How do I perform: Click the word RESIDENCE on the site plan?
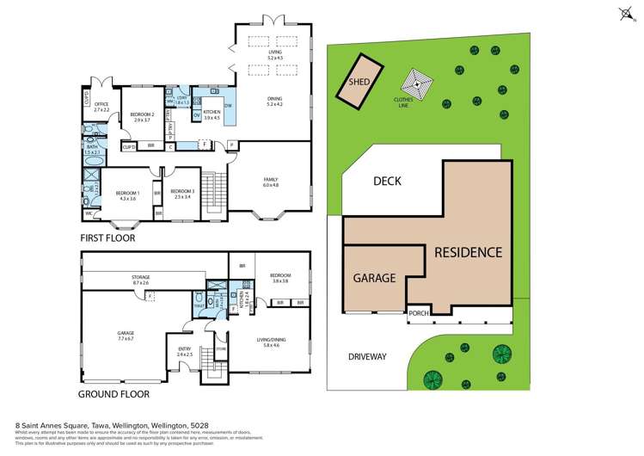click(x=467, y=252)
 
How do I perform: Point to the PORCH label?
click(x=419, y=313)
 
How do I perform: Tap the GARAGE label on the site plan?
click(x=373, y=278)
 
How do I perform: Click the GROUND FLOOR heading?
click(x=114, y=394)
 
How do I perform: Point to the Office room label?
click(x=101, y=107)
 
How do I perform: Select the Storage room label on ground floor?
click(x=140, y=280)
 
